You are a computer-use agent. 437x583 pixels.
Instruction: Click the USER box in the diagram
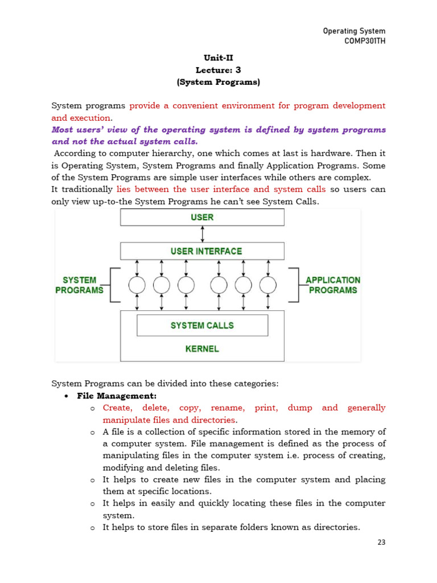tap(202, 217)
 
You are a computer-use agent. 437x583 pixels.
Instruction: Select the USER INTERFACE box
tap(202, 251)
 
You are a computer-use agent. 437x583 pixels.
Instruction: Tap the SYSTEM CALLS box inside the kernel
tap(202, 325)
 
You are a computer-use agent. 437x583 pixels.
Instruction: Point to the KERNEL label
tap(202, 348)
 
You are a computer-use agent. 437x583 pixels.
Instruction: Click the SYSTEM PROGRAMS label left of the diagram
tap(79, 285)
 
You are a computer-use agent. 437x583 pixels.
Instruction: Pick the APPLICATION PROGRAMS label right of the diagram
tap(333, 285)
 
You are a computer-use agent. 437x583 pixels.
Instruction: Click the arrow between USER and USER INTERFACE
tap(203, 234)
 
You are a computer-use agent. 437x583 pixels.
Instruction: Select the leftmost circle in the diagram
tap(137, 285)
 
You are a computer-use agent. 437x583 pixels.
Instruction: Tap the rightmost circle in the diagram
tap(267, 285)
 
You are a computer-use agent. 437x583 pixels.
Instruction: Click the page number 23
tap(381, 543)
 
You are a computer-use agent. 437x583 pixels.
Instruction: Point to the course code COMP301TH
tap(364, 42)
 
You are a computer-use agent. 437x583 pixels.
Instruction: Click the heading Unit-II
tap(218, 58)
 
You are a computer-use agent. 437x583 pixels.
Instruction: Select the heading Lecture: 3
tap(218, 70)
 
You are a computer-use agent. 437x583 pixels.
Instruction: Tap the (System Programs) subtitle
tap(218, 82)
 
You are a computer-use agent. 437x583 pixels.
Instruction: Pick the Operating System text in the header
tap(354, 31)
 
